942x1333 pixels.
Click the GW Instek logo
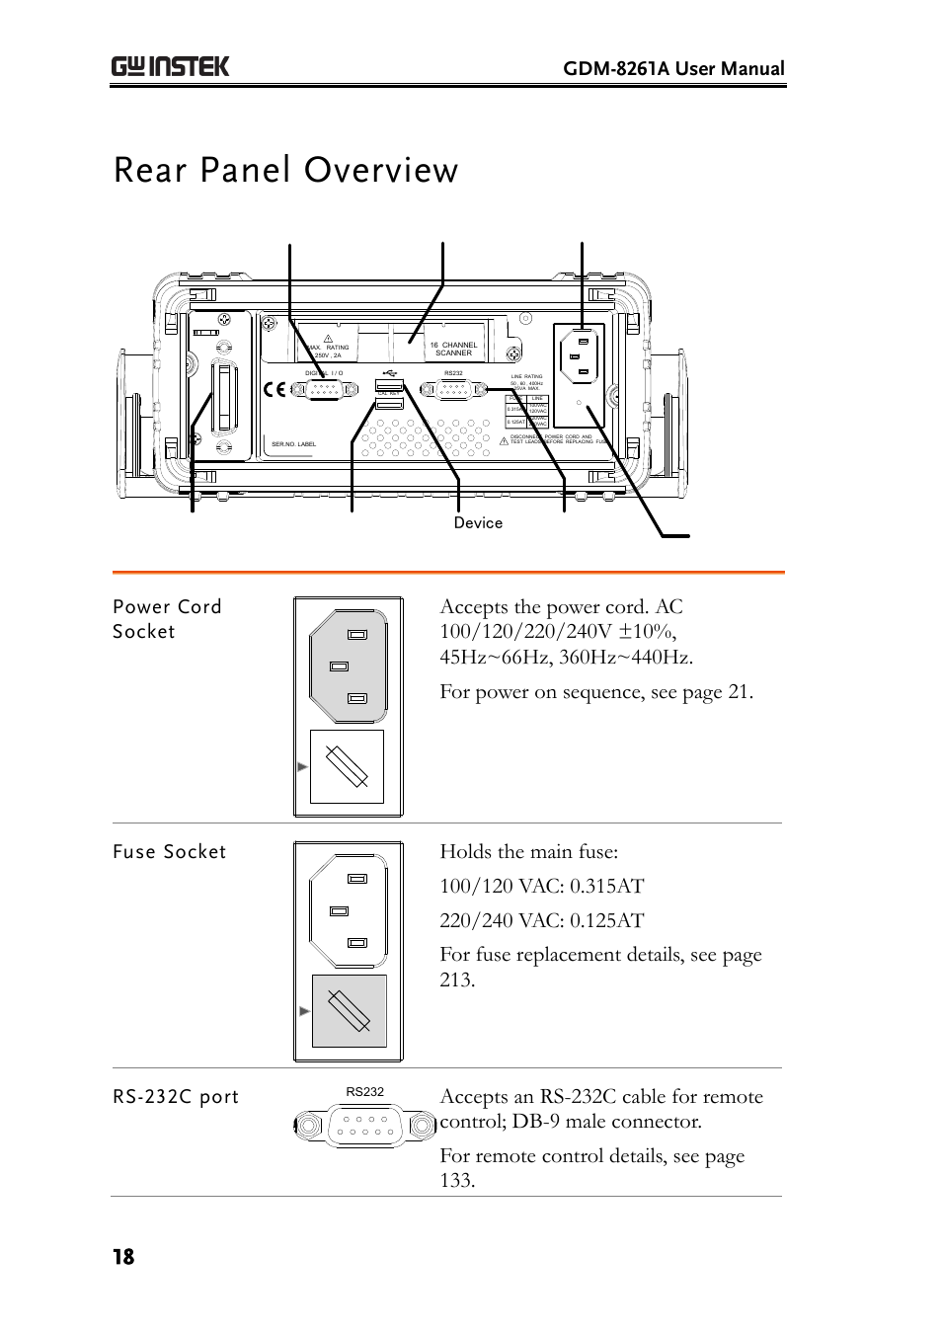[170, 66]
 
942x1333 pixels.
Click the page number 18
[123, 1256]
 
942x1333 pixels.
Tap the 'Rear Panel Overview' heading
[285, 170]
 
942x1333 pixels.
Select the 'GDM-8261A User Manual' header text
[673, 68]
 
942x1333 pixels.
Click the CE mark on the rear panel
[275, 389]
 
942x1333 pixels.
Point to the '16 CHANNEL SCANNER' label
[453, 349]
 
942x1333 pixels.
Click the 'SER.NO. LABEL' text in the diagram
[293, 444]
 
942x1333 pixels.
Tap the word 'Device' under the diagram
[478, 522]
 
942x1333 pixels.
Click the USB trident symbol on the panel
[389, 373]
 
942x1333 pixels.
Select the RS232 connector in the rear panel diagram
[453, 390]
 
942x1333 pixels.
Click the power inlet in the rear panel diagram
[579, 355]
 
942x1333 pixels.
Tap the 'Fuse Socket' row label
[169, 851]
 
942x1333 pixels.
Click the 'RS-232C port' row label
[176, 1096]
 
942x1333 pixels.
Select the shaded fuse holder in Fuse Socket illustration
[349, 1010]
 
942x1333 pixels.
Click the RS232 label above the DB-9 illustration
[364, 1091]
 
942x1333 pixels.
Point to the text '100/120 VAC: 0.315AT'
[541, 886]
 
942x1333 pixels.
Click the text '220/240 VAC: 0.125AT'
[541, 920]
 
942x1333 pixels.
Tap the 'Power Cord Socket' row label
[167, 619]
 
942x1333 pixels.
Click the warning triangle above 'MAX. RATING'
[329, 338]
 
